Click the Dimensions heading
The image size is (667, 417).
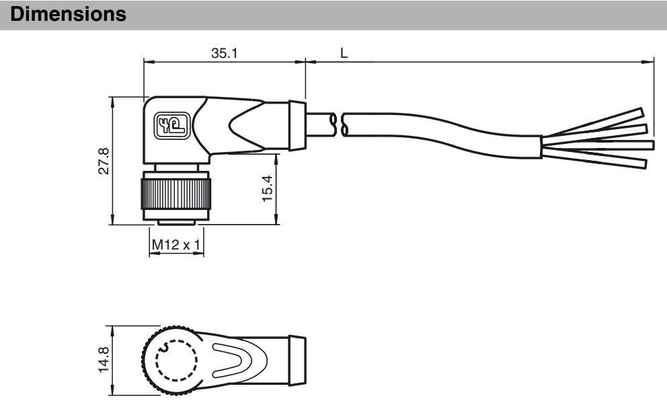point(69,14)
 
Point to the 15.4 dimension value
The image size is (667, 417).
point(268,189)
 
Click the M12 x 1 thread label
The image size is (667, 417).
point(175,245)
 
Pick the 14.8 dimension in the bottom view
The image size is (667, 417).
point(104,360)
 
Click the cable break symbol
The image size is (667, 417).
point(341,125)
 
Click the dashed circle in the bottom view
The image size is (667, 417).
point(177,361)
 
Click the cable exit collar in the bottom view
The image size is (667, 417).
point(297,361)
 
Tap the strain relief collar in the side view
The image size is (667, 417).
point(297,126)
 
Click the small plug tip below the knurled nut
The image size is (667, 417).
point(176,223)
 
